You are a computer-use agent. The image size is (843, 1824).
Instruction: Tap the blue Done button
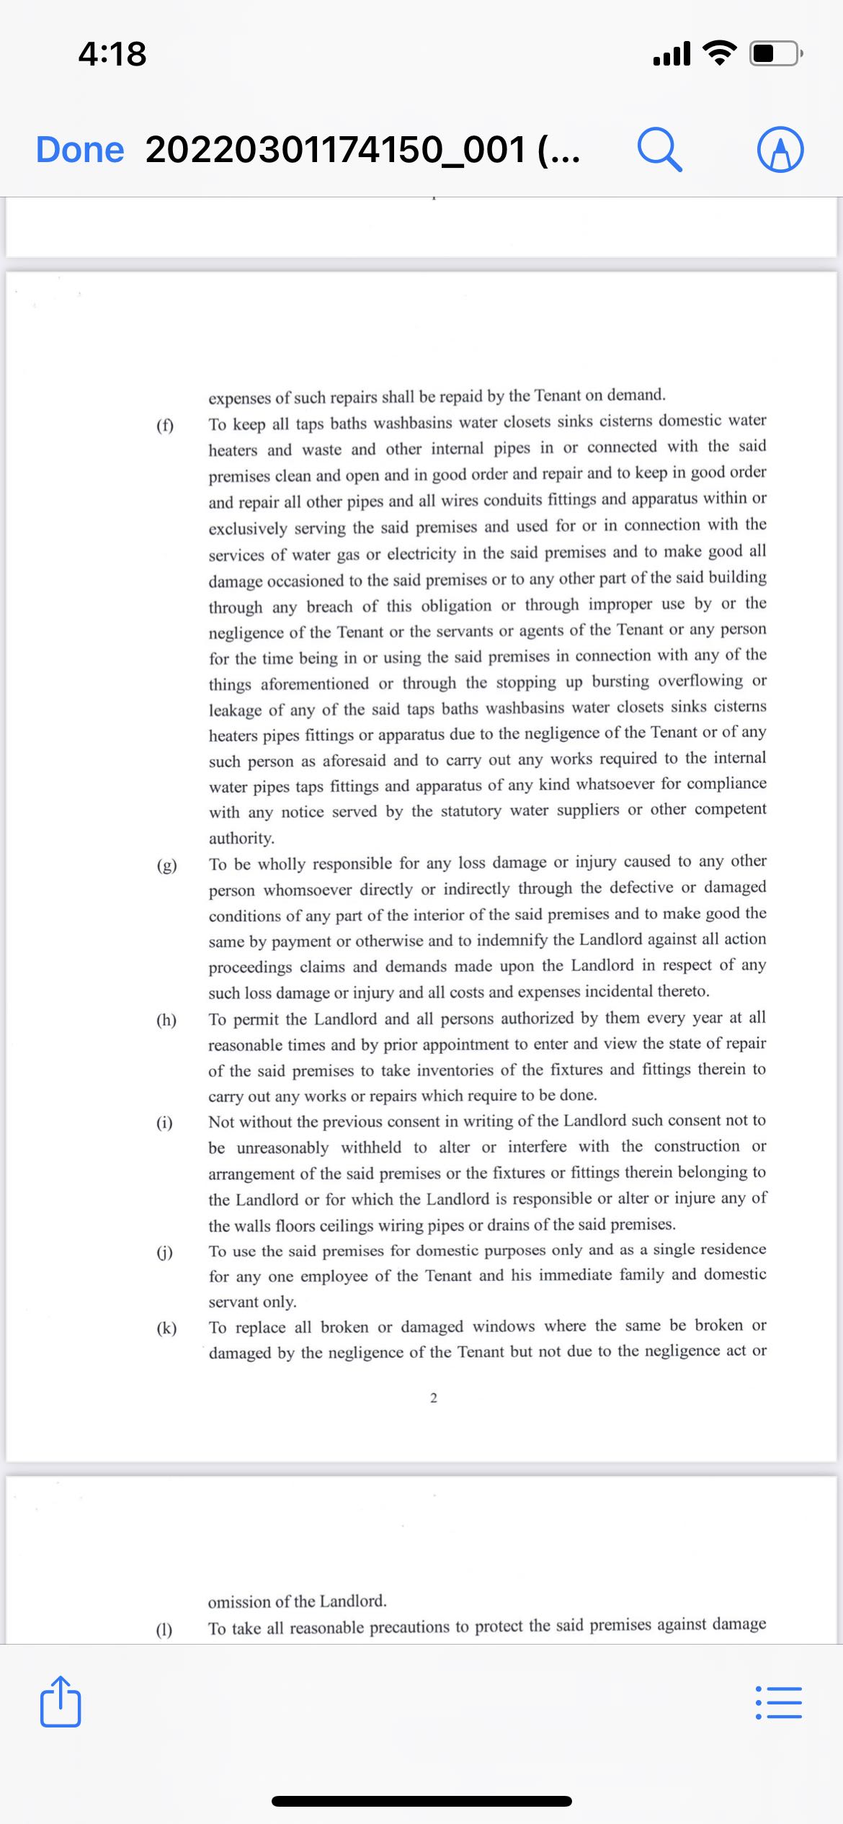(x=80, y=150)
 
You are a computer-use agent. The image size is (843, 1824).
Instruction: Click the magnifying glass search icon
(x=659, y=150)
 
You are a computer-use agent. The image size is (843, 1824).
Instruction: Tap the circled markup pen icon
(x=780, y=150)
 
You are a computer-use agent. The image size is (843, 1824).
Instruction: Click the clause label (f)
(x=165, y=425)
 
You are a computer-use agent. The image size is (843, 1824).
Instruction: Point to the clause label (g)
(x=166, y=865)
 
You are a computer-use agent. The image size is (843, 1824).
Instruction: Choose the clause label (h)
(x=166, y=1020)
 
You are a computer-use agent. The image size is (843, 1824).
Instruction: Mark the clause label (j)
(x=165, y=1252)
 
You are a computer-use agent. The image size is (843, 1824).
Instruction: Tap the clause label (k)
(x=166, y=1328)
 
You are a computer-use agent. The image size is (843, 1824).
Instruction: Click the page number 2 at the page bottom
(x=433, y=1398)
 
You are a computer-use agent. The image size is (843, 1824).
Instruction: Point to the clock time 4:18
(x=112, y=54)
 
